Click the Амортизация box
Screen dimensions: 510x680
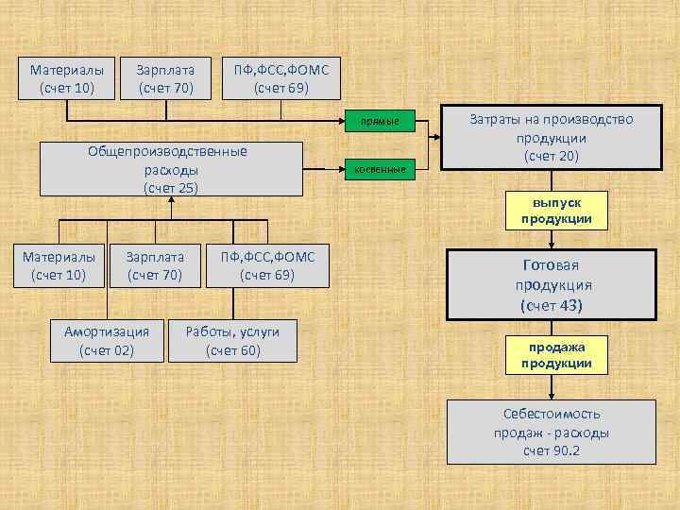point(107,341)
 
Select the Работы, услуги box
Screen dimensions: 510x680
point(232,341)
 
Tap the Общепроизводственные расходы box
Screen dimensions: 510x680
point(171,169)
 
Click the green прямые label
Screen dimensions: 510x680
point(381,121)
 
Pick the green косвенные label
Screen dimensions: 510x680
point(381,169)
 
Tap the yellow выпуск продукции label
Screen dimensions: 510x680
point(556,212)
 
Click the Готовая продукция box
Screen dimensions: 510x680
point(552,285)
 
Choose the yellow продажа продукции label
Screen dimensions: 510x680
point(556,355)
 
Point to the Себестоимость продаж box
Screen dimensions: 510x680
point(551,432)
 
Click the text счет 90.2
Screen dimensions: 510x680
point(552,450)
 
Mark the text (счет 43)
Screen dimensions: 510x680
point(552,305)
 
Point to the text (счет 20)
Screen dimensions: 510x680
point(552,155)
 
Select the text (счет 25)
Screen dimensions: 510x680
point(171,187)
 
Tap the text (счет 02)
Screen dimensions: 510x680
point(107,350)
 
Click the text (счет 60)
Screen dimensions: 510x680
point(232,350)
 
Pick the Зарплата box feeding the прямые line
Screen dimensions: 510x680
point(165,78)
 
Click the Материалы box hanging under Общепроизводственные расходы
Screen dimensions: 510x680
point(59,265)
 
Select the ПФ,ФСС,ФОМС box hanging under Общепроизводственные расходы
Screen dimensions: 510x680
point(268,265)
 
